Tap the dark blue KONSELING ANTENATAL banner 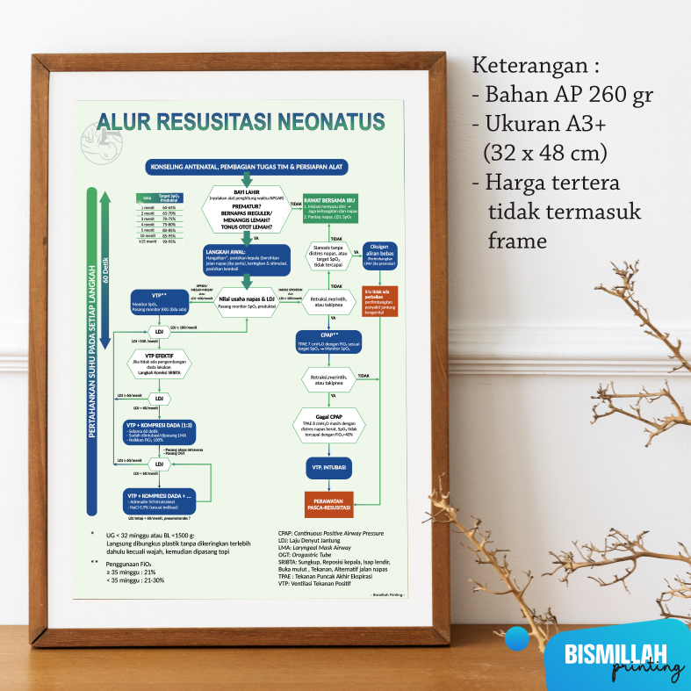247,166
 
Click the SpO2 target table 161,219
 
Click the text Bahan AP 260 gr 563,95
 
